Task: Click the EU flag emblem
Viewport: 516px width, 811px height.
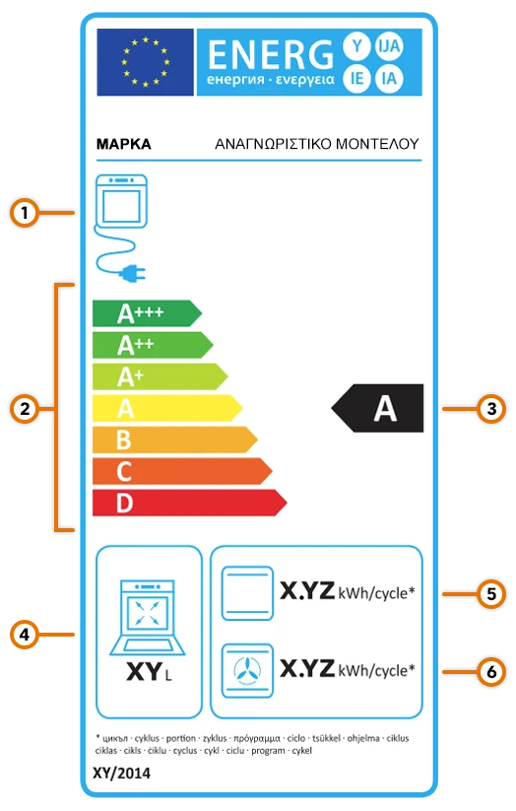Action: tap(146, 62)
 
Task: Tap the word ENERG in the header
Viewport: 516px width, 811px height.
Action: tap(271, 55)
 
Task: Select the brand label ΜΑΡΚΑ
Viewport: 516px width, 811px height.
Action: tap(123, 144)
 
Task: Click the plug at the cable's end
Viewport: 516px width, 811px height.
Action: tap(132, 273)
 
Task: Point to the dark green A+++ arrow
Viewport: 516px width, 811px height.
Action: tap(147, 313)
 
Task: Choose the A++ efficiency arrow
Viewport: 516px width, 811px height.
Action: tap(153, 345)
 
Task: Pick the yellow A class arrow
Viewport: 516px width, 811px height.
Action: tap(167, 408)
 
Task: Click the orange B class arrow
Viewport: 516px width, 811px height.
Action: tap(174, 439)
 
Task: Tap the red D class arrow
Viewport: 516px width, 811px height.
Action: tap(190, 503)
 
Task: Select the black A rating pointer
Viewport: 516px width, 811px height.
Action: tap(377, 408)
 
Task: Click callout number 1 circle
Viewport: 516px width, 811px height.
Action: tap(25, 213)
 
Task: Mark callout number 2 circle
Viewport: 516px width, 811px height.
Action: tap(25, 409)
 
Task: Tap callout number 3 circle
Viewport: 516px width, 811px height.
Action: tap(491, 409)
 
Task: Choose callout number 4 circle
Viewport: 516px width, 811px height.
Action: tap(25, 635)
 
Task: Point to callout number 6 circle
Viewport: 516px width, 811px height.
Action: tap(491, 672)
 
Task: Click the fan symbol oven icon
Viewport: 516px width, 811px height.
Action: tap(247, 670)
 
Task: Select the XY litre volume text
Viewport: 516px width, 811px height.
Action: tap(149, 672)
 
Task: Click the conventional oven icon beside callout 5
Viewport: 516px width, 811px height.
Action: tap(247, 593)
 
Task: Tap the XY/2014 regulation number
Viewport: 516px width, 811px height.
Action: tap(121, 774)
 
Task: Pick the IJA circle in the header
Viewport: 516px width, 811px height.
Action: tap(389, 46)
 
